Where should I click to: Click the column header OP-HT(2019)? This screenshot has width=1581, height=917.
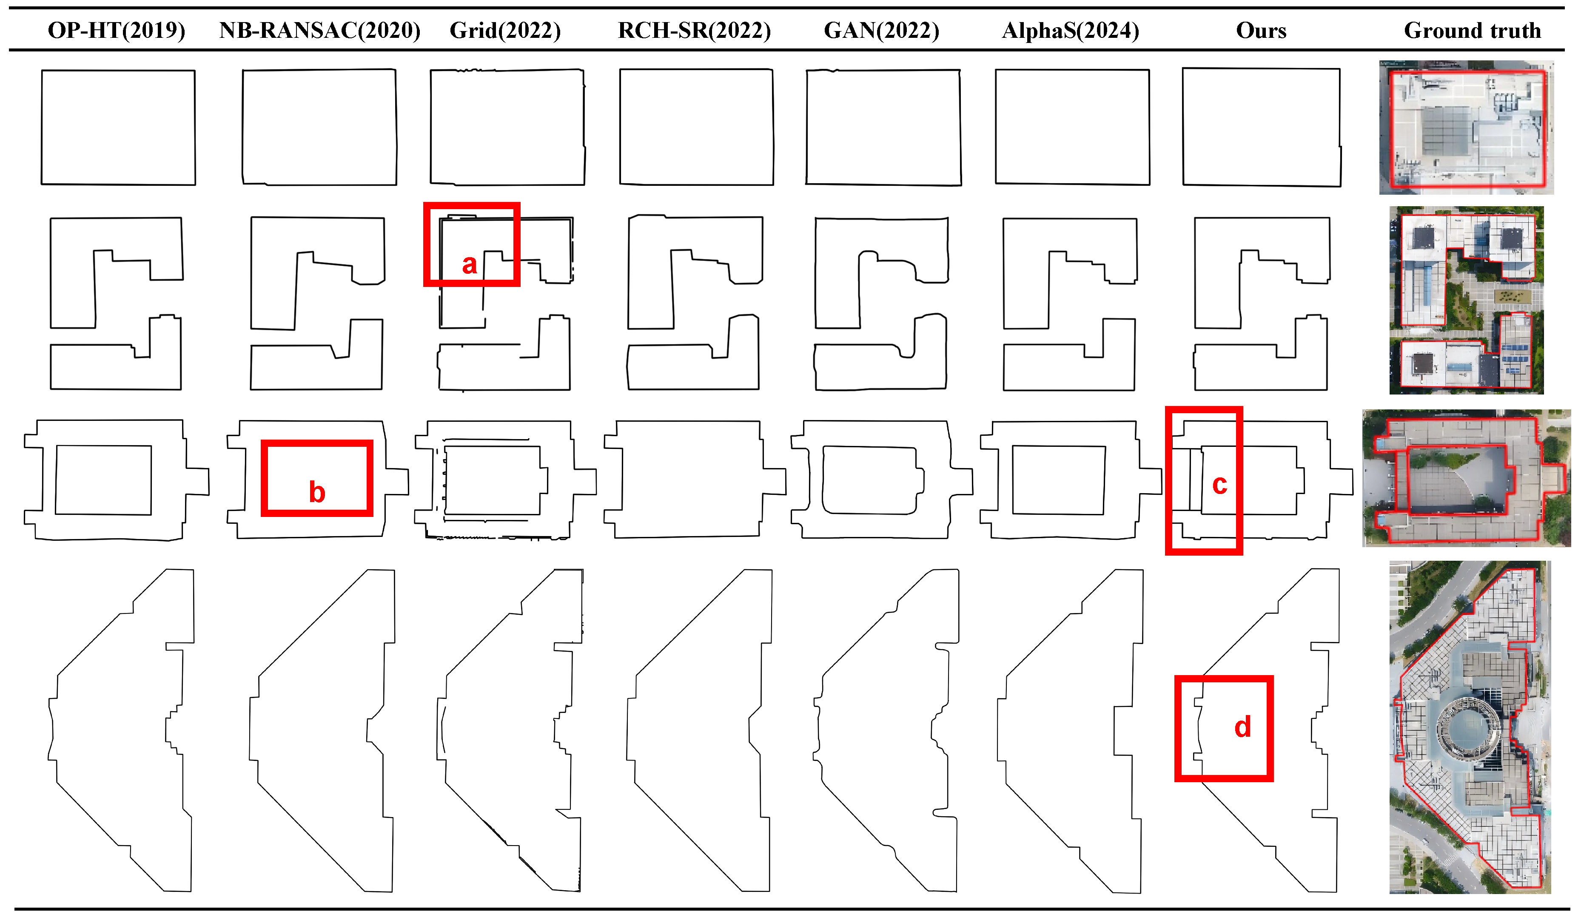117,30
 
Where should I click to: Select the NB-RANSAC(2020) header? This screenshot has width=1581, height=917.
319,30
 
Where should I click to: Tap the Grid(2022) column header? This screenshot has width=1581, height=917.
505,30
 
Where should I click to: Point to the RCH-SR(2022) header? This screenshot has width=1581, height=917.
694,30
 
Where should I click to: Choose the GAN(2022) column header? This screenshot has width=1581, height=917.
881,30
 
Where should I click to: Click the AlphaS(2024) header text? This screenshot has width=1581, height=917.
1070,30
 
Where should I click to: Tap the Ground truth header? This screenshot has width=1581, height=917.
1472,30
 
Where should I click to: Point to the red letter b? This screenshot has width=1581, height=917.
317,492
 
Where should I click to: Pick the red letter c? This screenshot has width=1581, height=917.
1219,484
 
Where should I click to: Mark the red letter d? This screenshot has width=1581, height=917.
1242,727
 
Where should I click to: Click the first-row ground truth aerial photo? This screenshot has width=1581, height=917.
1466,128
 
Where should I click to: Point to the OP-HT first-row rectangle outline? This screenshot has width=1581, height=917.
118,70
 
